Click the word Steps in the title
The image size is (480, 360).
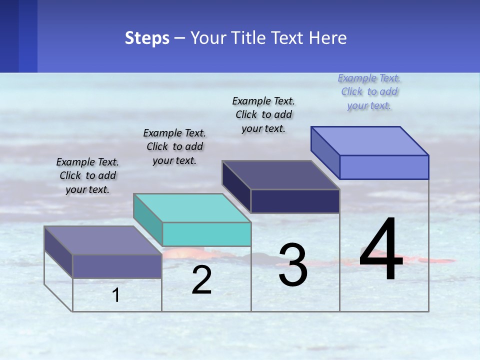[147, 38]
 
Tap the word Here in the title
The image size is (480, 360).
[328, 38]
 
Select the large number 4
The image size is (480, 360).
[381, 250]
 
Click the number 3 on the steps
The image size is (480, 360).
[293, 265]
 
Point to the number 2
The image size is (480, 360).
[201, 280]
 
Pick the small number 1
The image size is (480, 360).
[116, 295]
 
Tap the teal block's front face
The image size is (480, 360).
[206, 234]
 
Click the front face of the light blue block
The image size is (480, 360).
[384, 167]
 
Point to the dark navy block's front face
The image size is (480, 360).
[295, 201]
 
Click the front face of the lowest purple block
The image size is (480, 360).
[117, 266]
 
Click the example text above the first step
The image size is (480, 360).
[87, 175]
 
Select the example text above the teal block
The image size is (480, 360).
[174, 146]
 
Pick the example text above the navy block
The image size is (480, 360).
[263, 114]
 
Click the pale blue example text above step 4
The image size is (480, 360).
[369, 91]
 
